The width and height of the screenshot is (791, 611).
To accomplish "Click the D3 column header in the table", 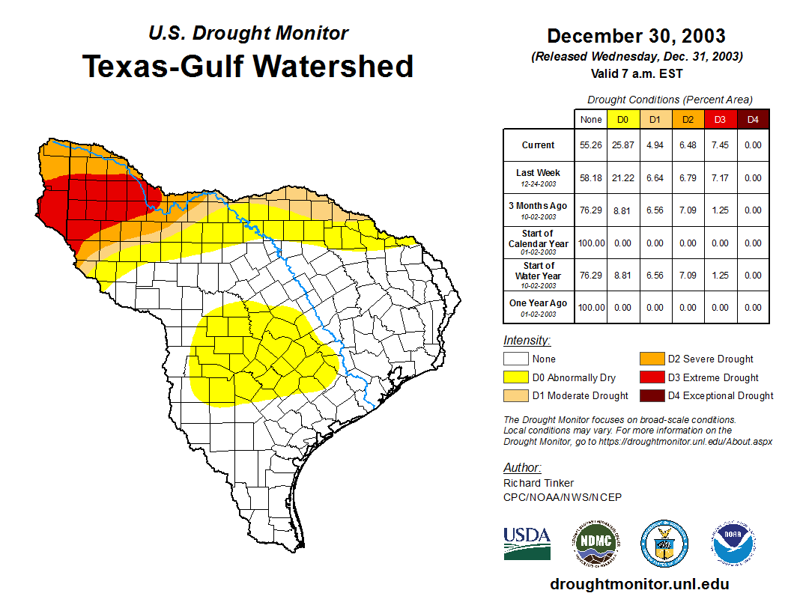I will click(719, 119).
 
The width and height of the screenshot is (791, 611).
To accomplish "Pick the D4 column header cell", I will click(753, 119).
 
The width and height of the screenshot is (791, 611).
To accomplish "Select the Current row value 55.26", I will click(591, 145).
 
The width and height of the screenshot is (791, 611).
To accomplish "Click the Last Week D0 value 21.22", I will click(623, 178).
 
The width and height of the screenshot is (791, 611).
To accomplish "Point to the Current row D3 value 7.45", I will click(719, 145).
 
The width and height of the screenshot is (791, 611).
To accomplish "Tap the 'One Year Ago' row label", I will click(539, 303).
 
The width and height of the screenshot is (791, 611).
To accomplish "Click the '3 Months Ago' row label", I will click(539, 206).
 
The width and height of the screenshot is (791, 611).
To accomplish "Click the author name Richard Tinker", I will click(539, 483).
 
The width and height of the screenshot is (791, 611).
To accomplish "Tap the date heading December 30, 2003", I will click(636, 36).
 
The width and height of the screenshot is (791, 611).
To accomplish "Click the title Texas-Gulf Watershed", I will click(248, 66).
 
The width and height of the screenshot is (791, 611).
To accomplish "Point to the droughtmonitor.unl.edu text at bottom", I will click(639, 584).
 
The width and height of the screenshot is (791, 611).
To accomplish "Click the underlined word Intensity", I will click(527, 341).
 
